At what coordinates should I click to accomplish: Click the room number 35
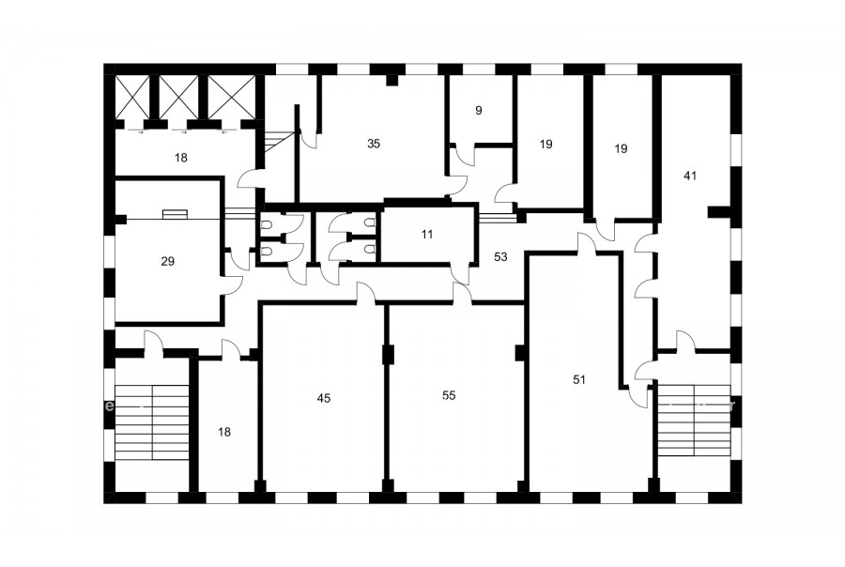coord(374,144)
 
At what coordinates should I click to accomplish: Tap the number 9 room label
coord(479,111)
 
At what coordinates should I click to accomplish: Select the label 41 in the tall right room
coord(690,176)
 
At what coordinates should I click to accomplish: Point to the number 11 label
coord(427,235)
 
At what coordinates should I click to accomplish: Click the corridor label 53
coord(500,257)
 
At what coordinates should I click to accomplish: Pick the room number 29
coord(168,261)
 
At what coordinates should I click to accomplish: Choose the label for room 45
coord(323,398)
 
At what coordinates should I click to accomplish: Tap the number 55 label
coord(449,395)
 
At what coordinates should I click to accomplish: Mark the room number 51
coord(578,380)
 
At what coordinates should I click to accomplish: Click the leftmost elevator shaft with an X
coord(132,97)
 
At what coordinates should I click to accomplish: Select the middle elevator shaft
coord(178,97)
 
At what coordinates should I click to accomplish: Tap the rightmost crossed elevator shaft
coord(232,97)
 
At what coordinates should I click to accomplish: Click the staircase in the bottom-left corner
coord(152,422)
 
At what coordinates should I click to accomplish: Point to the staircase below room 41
coord(694,420)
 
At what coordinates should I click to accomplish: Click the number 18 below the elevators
coord(181,158)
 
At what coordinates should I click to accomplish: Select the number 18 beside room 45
coord(224,432)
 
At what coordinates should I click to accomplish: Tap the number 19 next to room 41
coord(621,148)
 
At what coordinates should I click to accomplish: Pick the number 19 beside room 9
coord(545,144)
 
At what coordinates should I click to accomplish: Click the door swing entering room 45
coord(366,294)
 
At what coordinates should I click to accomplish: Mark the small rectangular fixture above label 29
coord(176,214)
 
